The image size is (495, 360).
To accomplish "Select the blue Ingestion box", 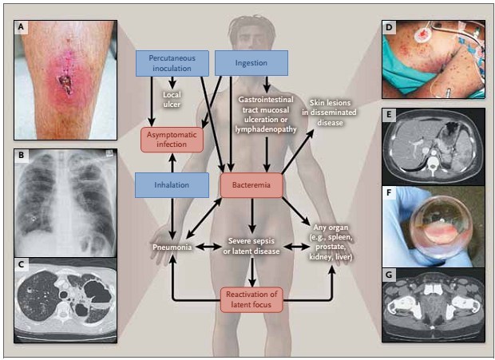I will coord(250,61).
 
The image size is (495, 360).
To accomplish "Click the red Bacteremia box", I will coord(251,186).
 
